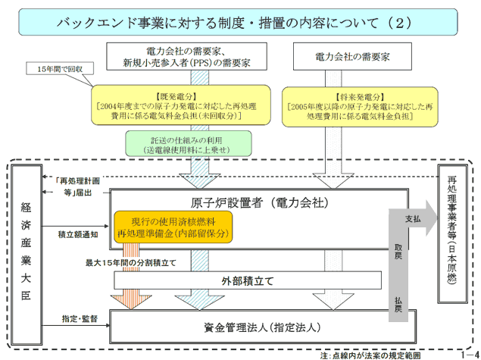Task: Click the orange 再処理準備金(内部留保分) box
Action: [x=173, y=226]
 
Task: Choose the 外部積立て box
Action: [x=247, y=280]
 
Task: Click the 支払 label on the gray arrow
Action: [x=411, y=216]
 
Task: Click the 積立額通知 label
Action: [x=78, y=236]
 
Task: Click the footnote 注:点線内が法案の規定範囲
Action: [x=368, y=354]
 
